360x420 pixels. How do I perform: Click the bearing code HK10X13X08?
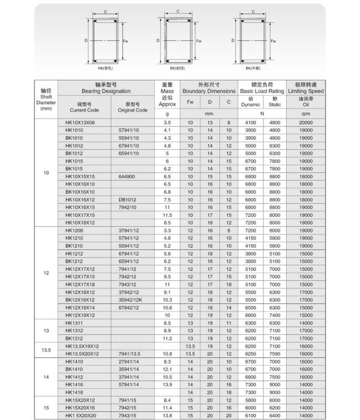coord(80,122)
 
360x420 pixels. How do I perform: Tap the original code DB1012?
coord(127,199)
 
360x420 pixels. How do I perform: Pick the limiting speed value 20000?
coord(306,122)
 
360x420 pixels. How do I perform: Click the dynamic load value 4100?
coord(250,122)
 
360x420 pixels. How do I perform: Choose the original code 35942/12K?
coord(130,299)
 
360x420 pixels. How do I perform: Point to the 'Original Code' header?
coord(133,107)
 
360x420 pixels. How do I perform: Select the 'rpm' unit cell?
coord(306,113)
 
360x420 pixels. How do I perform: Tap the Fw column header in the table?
coord(191,102)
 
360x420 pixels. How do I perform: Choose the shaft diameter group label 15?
coord(46,407)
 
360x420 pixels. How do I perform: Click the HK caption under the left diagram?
coord(105,68)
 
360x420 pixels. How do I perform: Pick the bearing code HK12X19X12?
coord(80,315)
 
